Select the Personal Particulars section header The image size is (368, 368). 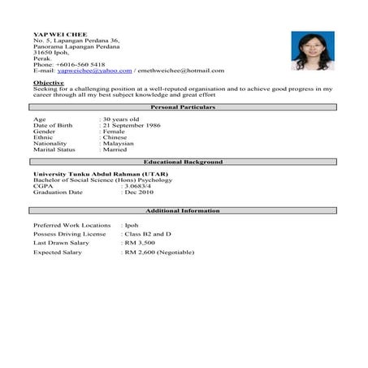183,106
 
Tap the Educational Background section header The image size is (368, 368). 183,162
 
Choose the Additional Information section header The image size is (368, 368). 183,210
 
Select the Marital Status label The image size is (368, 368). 54,149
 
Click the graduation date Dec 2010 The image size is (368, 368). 139,193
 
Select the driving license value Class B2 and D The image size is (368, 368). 149,233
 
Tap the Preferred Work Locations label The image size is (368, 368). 71,224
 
